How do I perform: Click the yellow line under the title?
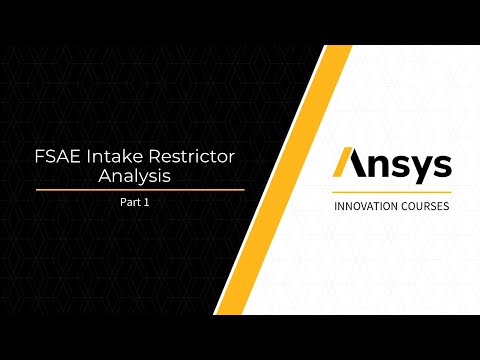(x=140, y=189)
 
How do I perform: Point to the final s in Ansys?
(x=437, y=165)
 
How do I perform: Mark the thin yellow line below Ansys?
(x=391, y=191)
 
